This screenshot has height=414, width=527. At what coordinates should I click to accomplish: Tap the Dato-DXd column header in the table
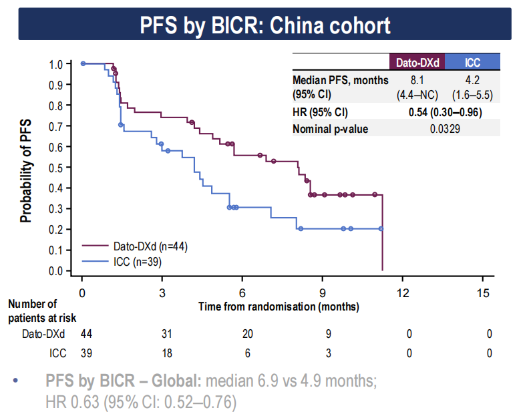[x=417, y=62]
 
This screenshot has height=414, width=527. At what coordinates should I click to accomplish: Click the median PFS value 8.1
[x=417, y=80]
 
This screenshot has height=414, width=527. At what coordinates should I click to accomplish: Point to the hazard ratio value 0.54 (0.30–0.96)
[x=445, y=112]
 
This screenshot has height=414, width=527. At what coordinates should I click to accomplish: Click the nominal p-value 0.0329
[x=445, y=129]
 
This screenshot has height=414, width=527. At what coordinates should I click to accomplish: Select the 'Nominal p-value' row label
[x=330, y=129]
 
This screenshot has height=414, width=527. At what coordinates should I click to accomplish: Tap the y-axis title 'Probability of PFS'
[x=25, y=168]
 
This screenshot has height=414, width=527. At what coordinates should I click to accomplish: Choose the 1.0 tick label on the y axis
[x=55, y=64]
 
